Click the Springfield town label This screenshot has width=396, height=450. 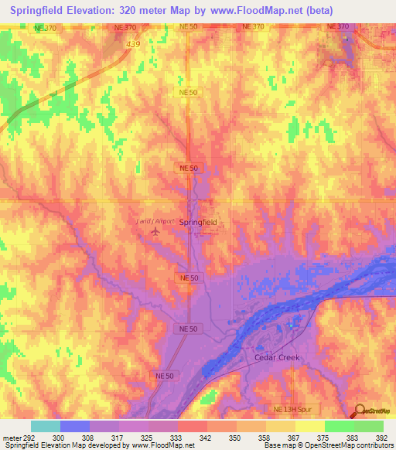[x=198, y=222]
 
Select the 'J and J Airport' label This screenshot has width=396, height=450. [x=155, y=220]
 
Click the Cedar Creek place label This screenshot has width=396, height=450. [x=276, y=358]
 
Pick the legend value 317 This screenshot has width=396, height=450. [x=118, y=437]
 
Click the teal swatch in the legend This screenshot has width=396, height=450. [x=46, y=426]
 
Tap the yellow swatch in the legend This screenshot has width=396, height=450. [x=309, y=426]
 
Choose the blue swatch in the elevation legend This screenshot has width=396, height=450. [x=75, y=426]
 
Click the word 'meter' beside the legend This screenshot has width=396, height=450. [x=9, y=437]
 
